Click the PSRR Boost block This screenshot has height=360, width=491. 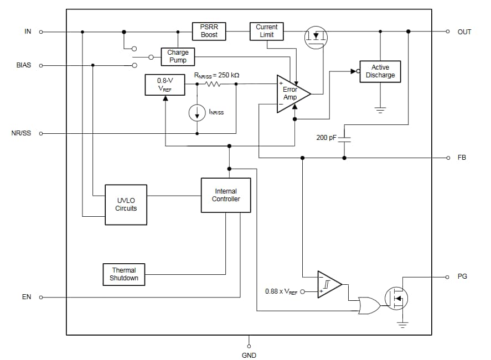click(209, 31)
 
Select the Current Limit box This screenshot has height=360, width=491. click(267, 31)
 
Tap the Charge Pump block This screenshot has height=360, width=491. click(178, 56)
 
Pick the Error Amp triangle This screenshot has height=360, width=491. click(291, 93)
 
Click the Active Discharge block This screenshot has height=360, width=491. click(380, 71)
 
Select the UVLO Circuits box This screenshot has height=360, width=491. click(126, 205)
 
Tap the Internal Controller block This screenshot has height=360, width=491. click(226, 195)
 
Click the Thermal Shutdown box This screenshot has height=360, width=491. click(124, 274)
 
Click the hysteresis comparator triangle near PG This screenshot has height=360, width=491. click(328, 284)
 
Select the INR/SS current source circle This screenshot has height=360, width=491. click(197, 113)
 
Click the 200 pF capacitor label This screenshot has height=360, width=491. click(326, 137)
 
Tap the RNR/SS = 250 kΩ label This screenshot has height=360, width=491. click(216, 75)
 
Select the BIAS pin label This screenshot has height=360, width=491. click(24, 65)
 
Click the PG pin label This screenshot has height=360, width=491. click(462, 276)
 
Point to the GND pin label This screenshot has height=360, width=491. click(249, 355)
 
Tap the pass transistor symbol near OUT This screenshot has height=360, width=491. click(316, 37)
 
